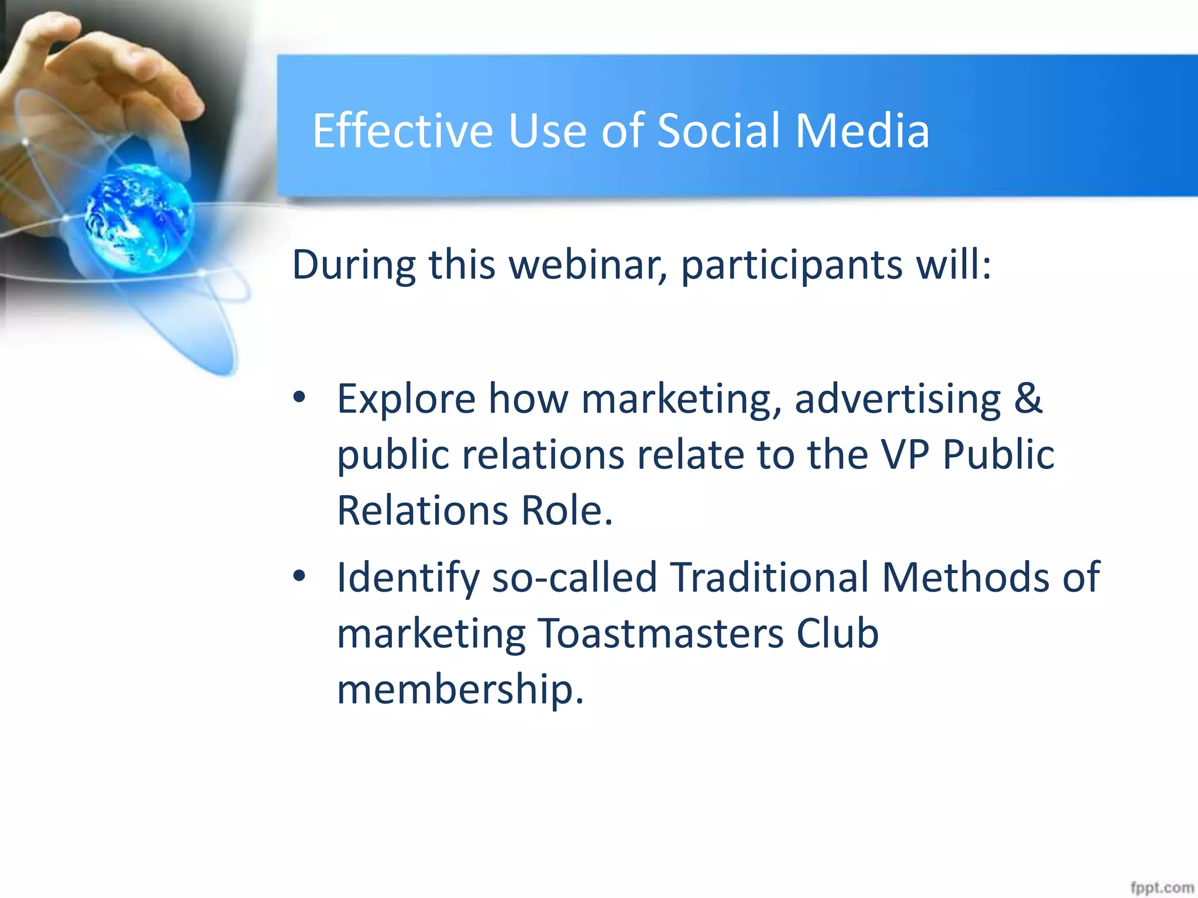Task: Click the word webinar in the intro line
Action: click(x=587, y=265)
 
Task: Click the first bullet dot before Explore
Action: click(x=299, y=398)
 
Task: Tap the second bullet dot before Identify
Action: click(x=299, y=576)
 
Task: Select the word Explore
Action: click(x=406, y=399)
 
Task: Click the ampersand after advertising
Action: click(x=1028, y=398)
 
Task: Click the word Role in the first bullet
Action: click(x=566, y=510)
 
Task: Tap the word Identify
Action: click(x=408, y=578)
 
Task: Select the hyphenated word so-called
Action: click(x=574, y=578)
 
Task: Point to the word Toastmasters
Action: click(x=660, y=634)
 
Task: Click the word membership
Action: click(x=460, y=690)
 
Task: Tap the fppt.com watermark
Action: click(x=1161, y=887)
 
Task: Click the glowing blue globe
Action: click(x=139, y=218)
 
